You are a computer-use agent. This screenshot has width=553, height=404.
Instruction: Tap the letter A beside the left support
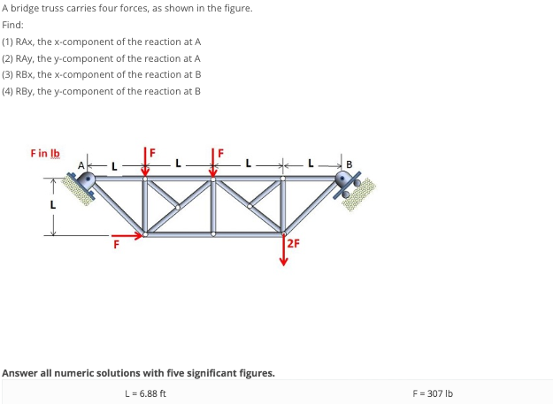point(81,164)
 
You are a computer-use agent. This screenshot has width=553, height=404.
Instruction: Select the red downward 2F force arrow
point(283,249)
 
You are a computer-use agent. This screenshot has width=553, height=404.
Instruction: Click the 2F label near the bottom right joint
point(293,244)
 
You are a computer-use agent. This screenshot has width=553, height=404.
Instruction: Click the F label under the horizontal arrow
point(114,246)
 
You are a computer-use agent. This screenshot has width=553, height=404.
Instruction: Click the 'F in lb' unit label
point(45,153)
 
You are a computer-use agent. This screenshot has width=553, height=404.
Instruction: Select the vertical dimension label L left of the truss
point(52,205)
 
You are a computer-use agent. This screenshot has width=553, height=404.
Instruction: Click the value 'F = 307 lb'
point(433,393)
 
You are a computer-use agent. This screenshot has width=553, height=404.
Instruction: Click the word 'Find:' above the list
point(13,25)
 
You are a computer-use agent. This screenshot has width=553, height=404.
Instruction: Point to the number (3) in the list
point(8,74)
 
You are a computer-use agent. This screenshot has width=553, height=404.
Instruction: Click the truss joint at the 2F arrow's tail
point(283,232)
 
